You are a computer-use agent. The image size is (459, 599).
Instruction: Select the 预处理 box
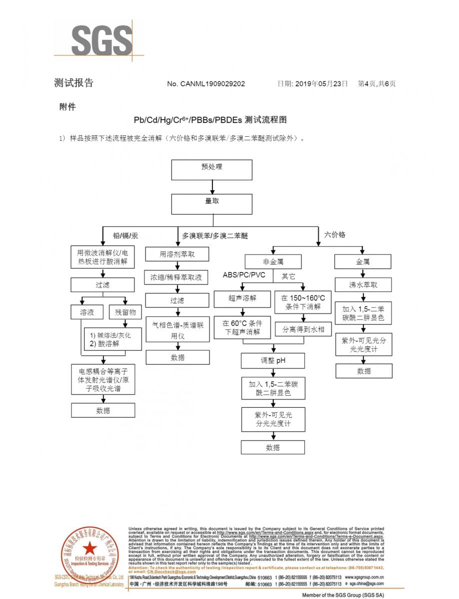click(211, 170)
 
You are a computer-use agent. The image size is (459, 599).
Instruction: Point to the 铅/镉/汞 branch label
click(125, 235)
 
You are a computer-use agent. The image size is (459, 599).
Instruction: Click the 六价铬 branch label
click(335, 234)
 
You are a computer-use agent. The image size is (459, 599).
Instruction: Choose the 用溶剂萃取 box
click(177, 255)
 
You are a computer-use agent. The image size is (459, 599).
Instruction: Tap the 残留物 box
click(125, 312)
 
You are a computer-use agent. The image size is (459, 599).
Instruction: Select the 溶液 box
click(87, 312)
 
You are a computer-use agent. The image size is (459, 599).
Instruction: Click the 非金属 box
click(273, 262)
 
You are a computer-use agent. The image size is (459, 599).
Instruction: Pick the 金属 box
click(363, 262)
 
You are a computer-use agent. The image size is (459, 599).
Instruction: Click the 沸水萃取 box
click(363, 285)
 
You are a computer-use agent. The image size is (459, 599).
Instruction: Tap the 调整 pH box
click(273, 360)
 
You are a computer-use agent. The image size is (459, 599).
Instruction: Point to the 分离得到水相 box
click(303, 329)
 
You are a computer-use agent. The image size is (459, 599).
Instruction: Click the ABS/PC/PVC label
click(244, 275)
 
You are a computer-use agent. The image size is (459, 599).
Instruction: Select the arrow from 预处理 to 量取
click(212, 187)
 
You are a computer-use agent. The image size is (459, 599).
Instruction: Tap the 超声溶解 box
click(242, 299)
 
